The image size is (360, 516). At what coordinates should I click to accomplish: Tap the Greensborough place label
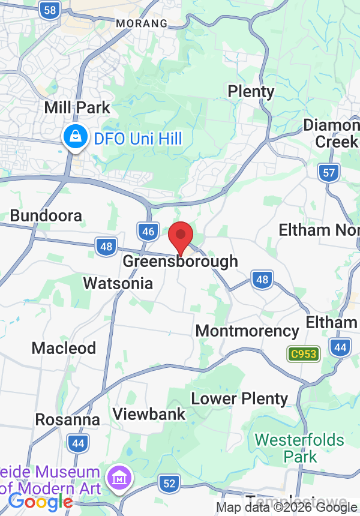coord(181,262)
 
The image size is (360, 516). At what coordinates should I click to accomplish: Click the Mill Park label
coord(77,108)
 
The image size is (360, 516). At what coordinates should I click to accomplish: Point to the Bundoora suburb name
coord(46,216)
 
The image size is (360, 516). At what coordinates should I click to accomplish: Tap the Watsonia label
coord(118,283)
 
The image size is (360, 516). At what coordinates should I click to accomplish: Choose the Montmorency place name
coord(247,331)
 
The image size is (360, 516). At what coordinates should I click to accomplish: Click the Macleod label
coord(64,348)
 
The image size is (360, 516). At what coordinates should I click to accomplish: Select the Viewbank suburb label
coord(149,414)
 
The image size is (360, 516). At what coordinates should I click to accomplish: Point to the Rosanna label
coord(67,419)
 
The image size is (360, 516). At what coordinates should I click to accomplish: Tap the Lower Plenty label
coord(239,398)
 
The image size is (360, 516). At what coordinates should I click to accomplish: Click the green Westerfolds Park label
coord(300,448)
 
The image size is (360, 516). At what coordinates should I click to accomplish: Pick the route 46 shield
coord(148,232)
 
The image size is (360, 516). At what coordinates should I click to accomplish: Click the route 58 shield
coord(51,10)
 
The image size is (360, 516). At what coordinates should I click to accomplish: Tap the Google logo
coord(40,502)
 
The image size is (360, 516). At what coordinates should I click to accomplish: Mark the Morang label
coord(142,23)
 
